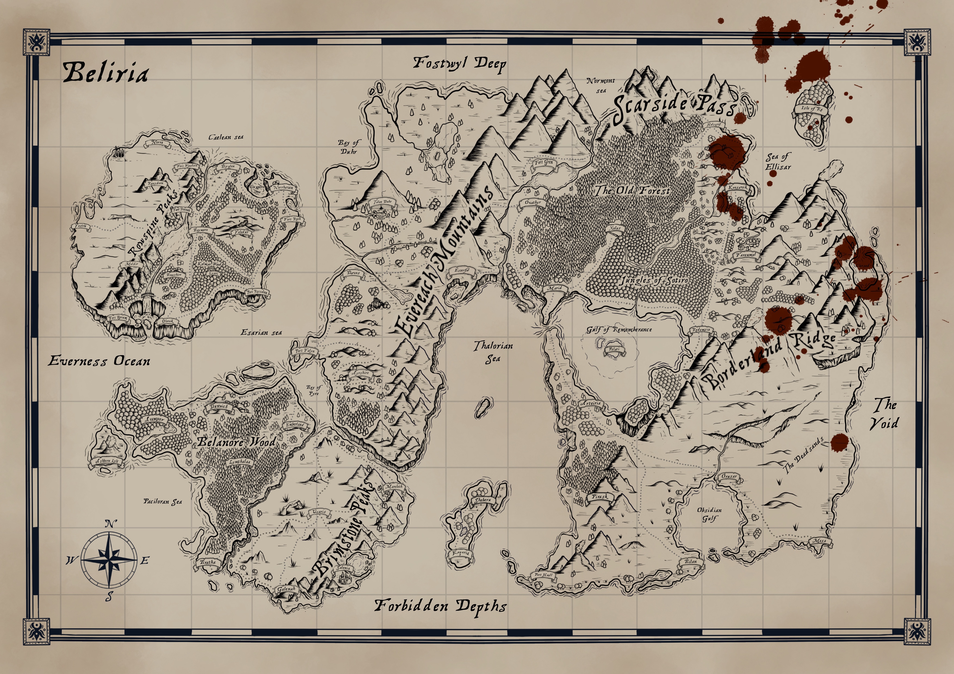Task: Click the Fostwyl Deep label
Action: click(x=460, y=64)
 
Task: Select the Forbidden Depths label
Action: click(x=441, y=606)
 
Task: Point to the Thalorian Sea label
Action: click(x=493, y=352)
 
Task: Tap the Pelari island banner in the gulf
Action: click(x=614, y=349)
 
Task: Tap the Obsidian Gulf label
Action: click(x=709, y=514)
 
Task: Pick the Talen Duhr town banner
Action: click(x=382, y=202)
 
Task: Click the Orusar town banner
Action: click(x=729, y=477)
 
